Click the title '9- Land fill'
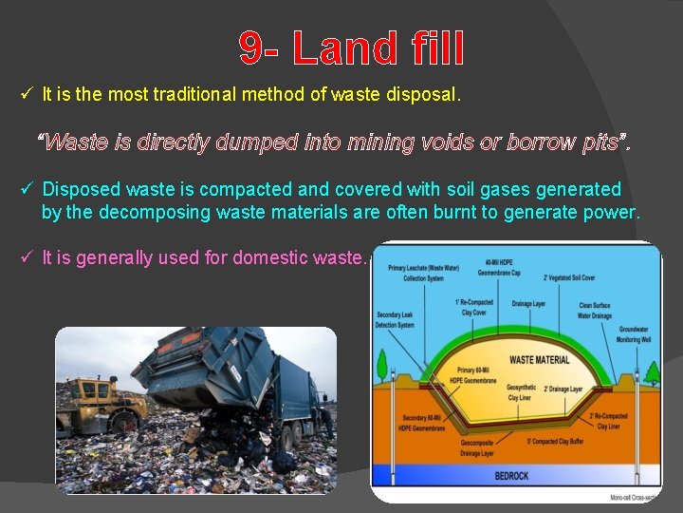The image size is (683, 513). (351, 48)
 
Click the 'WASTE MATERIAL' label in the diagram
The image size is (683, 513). (540, 360)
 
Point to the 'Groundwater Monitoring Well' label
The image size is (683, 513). (633, 335)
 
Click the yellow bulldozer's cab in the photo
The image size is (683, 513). (95, 390)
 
